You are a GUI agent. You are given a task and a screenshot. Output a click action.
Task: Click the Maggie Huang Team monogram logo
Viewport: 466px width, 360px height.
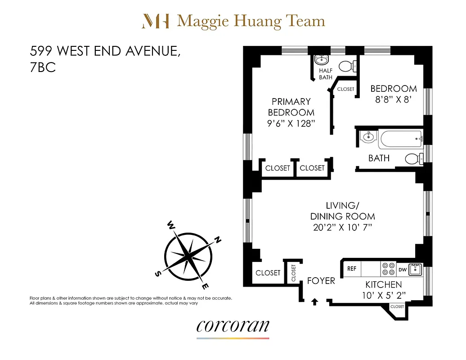(x=156, y=21)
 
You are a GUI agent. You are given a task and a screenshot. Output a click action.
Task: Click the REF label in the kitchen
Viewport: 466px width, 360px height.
(x=352, y=269)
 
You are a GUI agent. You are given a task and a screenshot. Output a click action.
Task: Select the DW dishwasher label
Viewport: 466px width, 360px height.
(x=403, y=270)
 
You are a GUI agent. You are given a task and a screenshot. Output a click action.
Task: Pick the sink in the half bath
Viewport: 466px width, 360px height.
(x=321, y=60)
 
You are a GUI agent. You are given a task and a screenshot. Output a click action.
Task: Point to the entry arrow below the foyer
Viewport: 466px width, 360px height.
(x=314, y=301)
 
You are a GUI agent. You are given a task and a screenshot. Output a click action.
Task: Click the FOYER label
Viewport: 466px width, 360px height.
(x=321, y=281)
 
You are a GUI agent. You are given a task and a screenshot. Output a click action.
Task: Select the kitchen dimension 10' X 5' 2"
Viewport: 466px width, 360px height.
(x=383, y=295)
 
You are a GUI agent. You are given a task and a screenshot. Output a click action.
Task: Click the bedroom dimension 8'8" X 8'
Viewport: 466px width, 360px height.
(x=394, y=100)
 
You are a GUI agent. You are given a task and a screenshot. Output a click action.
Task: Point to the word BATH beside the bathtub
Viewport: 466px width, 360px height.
(x=379, y=158)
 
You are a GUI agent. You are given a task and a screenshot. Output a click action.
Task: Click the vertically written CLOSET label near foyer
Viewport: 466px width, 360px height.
(x=294, y=273)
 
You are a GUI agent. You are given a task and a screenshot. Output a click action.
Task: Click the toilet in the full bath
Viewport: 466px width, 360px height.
(x=412, y=158)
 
